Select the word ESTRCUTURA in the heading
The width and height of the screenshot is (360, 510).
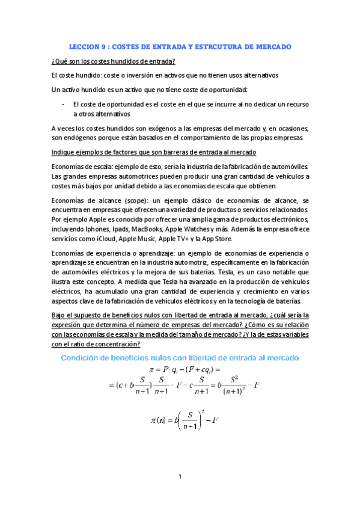tap(208, 46)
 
